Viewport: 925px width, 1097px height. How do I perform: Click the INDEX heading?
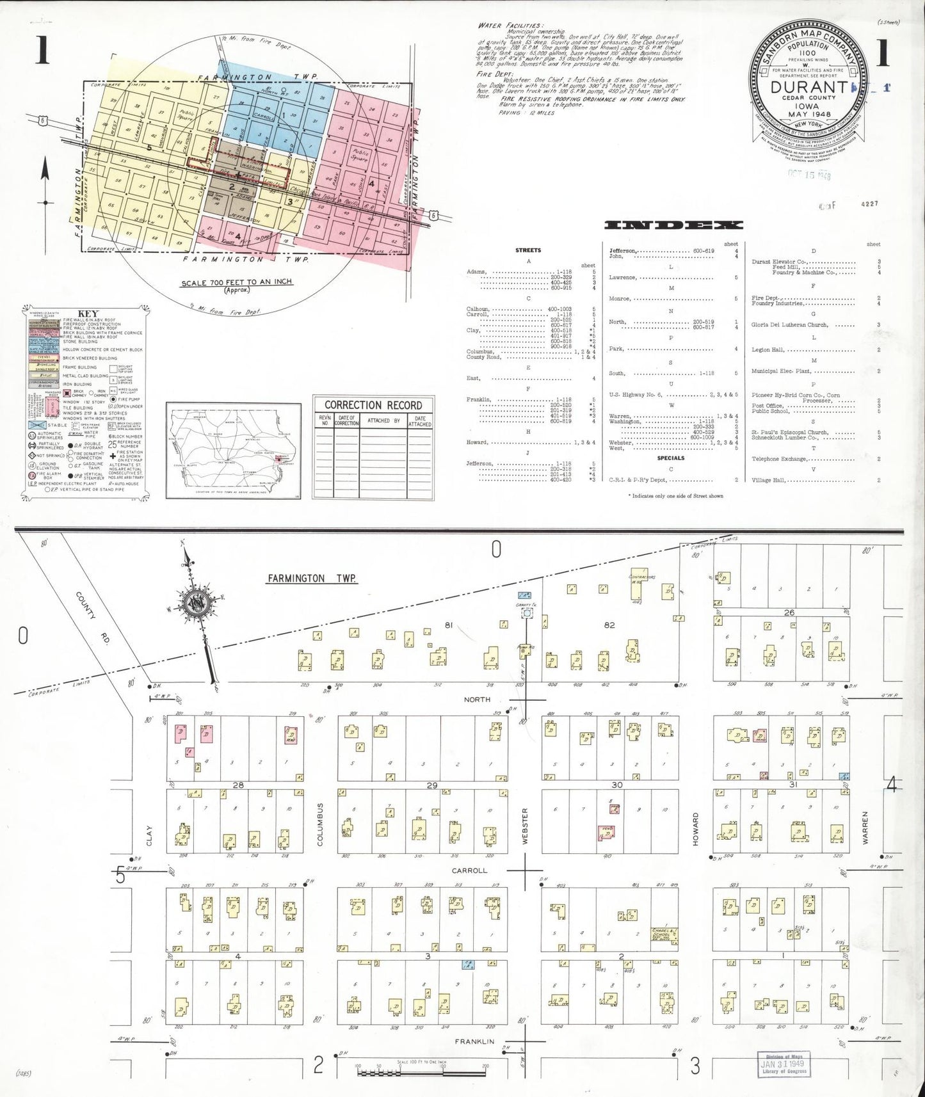673,225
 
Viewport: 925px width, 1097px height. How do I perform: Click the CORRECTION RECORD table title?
373,405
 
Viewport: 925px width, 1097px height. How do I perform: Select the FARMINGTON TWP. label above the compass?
311,579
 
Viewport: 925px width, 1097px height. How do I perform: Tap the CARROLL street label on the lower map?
470,870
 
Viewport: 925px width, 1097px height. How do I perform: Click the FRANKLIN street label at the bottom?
474,1041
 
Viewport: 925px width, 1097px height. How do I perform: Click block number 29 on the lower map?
433,785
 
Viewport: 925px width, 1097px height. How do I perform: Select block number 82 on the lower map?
609,625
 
